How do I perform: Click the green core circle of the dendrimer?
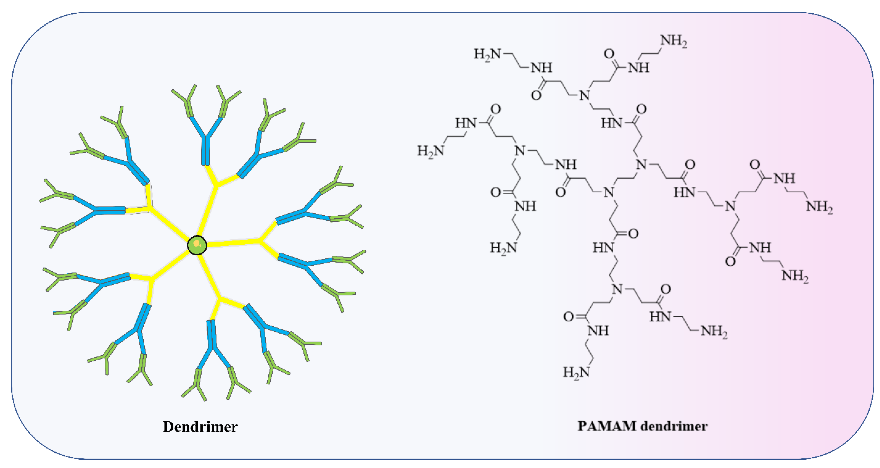[x=197, y=245]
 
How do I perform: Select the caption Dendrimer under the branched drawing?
[x=200, y=427]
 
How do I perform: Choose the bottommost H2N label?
[x=576, y=372]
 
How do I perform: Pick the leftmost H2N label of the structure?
[x=430, y=150]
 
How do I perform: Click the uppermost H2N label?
[x=487, y=54]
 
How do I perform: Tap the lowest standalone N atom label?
[x=617, y=289]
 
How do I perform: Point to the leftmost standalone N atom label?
[x=520, y=150]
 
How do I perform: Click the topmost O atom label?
[x=609, y=54]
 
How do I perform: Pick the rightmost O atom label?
[x=755, y=165]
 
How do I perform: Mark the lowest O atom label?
[x=568, y=317]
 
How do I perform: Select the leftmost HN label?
[x=465, y=123]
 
